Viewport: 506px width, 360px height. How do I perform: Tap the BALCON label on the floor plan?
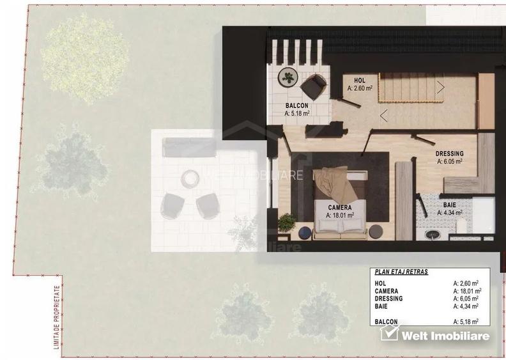[x=297, y=106]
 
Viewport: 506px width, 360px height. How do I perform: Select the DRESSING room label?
[x=449, y=153]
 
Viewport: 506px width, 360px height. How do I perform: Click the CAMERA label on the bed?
[x=339, y=208]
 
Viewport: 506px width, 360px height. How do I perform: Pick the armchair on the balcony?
[x=314, y=86]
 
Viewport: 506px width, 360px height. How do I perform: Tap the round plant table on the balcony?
[x=289, y=78]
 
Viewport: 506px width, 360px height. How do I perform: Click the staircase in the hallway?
[x=412, y=87]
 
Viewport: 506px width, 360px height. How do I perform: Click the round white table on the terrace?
[x=190, y=178]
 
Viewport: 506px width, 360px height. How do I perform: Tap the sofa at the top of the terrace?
[x=189, y=147]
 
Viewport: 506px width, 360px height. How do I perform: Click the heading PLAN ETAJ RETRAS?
[x=401, y=272]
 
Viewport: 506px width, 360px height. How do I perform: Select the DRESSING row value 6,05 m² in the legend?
[x=466, y=298]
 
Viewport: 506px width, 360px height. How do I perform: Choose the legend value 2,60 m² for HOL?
[x=466, y=282]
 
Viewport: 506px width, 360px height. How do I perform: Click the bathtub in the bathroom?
[x=484, y=215]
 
